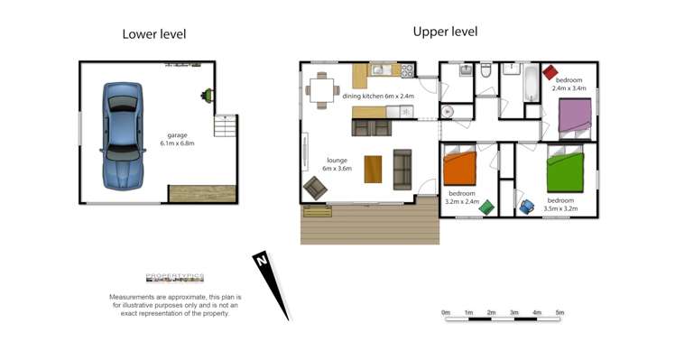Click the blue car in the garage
[x=120, y=135]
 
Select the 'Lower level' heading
[x=154, y=35]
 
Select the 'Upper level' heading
[x=445, y=32]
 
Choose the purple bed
[x=574, y=115]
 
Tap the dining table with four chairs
[x=322, y=89]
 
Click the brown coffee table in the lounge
[x=373, y=169]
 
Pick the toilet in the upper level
[x=485, y=78]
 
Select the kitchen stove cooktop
[x=407, y=70]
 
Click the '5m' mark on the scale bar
[x=559, y=312]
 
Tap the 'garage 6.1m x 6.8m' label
[x=177, y=140]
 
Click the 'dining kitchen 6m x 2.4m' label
[x=378, y=97]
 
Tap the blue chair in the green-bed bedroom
[x=527, y=207]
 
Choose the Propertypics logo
[x=175, y=279]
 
